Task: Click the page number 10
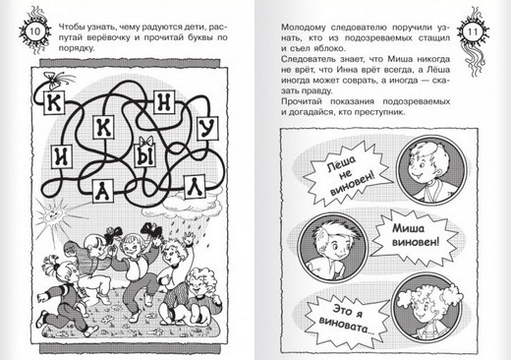tap(35, 31)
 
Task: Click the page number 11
tap(473, 32)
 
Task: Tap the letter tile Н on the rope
tap(164, 101)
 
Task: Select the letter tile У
tap(207, 128)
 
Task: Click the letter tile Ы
tap(145, 155)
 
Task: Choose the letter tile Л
tap(195, 186)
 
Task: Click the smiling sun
tap(52, 215)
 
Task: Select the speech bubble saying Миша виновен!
tap(415, 235)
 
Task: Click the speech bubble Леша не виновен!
tap(348, 173)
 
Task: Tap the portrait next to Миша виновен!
tap(332, 245)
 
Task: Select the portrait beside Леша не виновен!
tap(431, 170)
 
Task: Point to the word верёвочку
tap(109, 37)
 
